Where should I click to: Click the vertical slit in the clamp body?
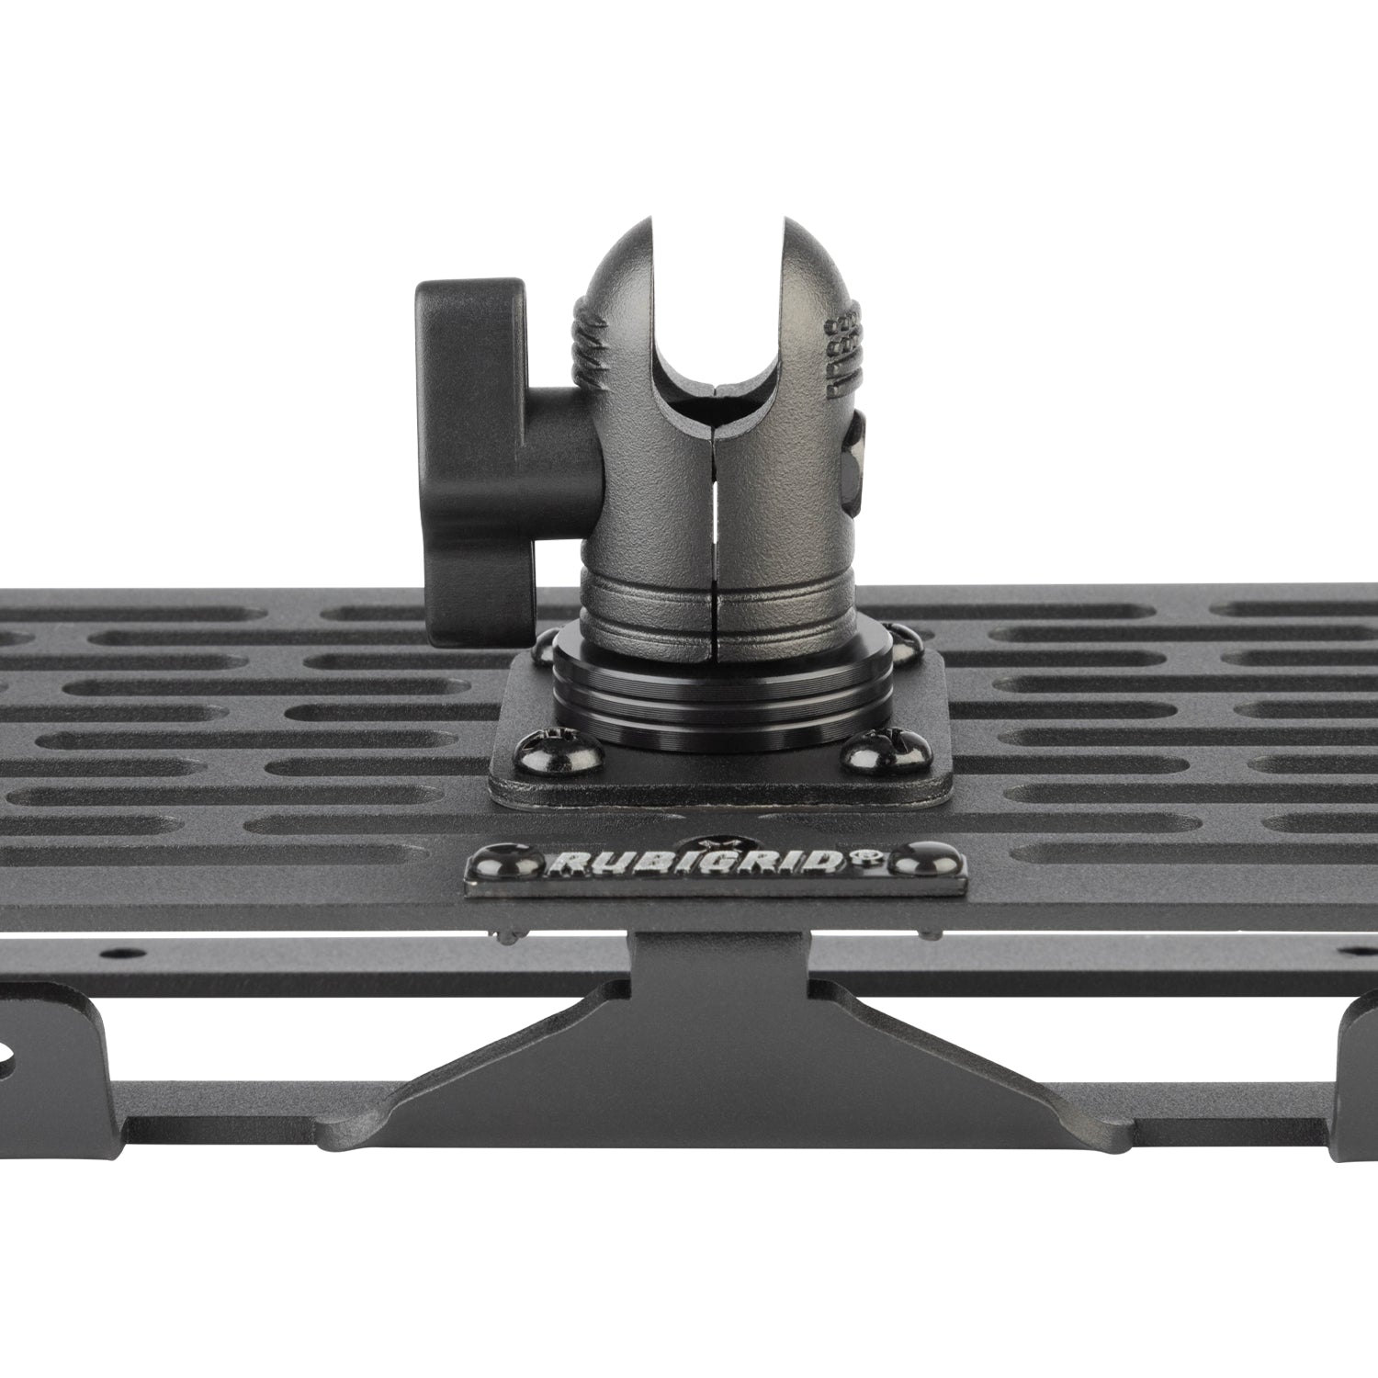pyautogui.click(x=714, y=514)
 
